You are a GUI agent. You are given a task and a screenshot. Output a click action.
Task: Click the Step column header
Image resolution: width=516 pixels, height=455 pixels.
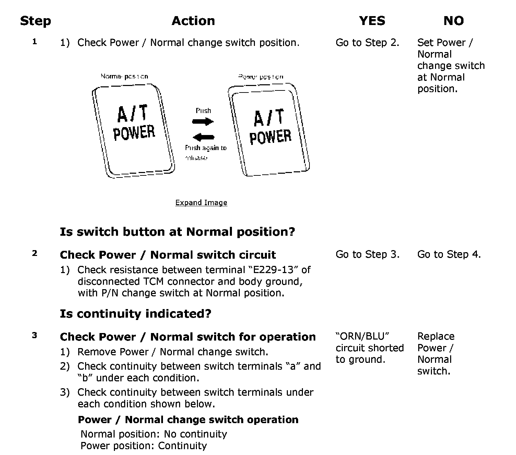pos(35,21)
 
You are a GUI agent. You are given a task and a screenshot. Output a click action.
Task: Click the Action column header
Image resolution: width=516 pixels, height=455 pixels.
pos(193,21)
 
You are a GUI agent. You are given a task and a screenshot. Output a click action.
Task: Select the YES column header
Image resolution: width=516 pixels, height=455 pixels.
pos(372,21)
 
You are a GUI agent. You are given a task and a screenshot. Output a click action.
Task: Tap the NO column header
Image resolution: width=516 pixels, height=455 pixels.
pos(453,21)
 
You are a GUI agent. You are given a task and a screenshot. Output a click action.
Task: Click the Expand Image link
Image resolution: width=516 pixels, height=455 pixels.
pos(201,202)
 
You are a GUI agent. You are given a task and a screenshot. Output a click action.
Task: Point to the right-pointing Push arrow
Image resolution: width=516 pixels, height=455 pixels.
pos(203,121)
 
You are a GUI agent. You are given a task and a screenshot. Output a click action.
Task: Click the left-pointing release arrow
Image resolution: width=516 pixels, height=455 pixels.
pos(203,137)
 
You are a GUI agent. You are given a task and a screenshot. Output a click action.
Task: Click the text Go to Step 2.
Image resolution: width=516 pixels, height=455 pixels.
pos(367,43)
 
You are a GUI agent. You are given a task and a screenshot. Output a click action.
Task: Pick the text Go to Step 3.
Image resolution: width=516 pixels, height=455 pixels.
pos(367,255)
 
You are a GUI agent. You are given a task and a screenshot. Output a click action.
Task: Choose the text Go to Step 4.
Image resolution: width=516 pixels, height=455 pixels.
pos(449,255)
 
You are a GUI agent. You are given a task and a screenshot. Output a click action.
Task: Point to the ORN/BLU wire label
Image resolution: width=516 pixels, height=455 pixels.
pos(362,336)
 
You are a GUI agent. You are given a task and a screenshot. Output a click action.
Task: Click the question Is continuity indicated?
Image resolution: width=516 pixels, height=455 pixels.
pos(136,313)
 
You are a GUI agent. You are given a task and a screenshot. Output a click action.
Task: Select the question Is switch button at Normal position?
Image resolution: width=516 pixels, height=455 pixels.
pos(177,232)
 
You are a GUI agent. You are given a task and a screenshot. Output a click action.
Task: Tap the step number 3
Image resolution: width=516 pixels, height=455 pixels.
pos(34,336)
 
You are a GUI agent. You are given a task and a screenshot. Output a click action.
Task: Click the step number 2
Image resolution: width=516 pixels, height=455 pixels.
pos(34,254)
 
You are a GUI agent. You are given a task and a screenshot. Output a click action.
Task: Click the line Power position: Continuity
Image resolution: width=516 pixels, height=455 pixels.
pos(143,446)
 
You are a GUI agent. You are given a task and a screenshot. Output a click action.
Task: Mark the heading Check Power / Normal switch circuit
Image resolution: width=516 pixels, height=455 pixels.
pos(168,255)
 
